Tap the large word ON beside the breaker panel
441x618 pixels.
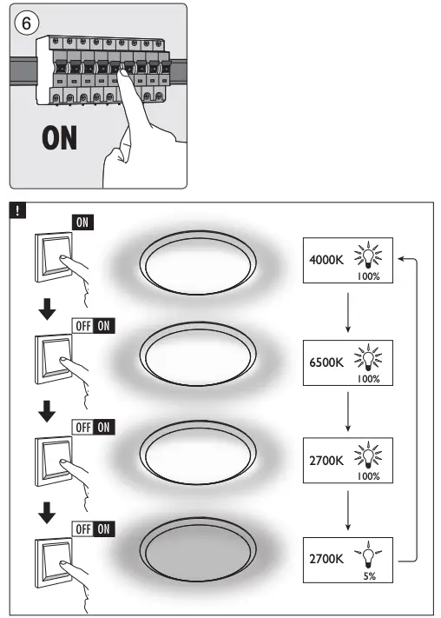(x=59, y=138)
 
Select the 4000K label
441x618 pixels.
(x=326, y=258)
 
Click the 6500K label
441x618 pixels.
(x=326, y=358)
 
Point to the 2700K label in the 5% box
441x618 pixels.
(x=326, y=558)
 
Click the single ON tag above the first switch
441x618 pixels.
(x=82, y=222)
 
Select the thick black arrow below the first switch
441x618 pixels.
(x=49, y=311)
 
